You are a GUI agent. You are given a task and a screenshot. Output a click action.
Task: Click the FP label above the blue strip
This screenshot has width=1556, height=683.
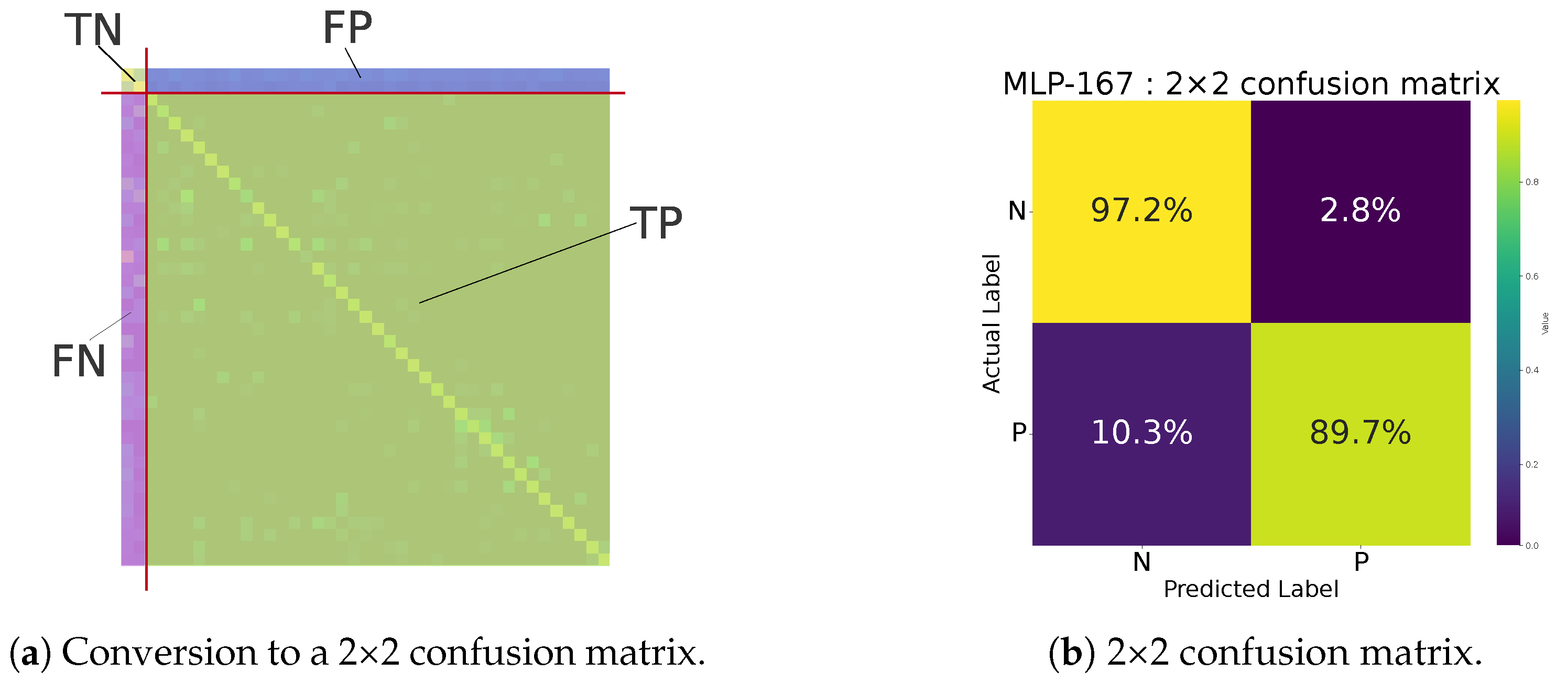coord(347,28)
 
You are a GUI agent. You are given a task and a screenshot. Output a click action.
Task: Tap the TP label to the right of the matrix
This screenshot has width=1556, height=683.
coord(656,223)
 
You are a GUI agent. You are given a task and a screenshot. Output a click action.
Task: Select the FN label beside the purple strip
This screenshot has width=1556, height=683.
coord(79,361)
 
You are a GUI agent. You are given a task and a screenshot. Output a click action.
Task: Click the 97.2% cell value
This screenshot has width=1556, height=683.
coord(1141,211)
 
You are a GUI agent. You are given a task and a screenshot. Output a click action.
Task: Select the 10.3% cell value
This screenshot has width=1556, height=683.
coord(1141,432)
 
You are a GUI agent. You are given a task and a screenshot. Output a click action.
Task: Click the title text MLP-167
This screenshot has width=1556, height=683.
coord(1068,83)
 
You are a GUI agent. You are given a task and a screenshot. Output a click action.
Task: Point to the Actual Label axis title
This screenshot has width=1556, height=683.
coord(991,324)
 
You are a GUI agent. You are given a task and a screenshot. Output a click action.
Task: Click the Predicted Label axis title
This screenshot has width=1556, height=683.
coord(1250,589)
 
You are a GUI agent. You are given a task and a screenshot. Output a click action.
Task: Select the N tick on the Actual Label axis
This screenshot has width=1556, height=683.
coord(1017,211)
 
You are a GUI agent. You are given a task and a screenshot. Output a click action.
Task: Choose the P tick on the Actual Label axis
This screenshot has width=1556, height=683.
coord(1018,432)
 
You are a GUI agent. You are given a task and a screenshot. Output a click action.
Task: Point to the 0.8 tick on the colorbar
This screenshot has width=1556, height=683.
coord(1532,182)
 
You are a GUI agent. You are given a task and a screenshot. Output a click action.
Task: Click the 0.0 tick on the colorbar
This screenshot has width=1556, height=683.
coord(1532,545)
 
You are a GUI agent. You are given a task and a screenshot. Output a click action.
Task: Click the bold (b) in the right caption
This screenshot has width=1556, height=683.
coord(1071,653)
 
